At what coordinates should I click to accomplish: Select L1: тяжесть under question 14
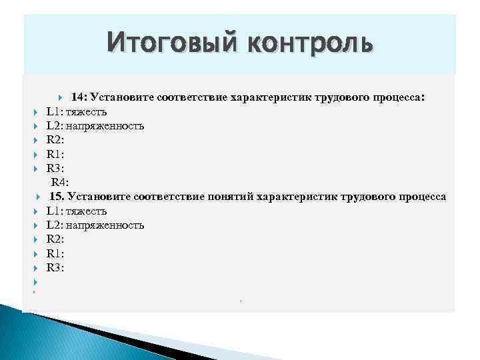[76, 111]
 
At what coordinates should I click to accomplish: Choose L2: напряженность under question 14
[95, 125]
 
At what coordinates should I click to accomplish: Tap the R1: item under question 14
[55, 153]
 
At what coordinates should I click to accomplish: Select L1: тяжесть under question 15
[76, 211]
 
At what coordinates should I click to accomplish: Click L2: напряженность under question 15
[95, 225]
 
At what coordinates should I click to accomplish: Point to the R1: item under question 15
[55, 253]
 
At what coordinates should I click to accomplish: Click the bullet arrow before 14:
[61, 97]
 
